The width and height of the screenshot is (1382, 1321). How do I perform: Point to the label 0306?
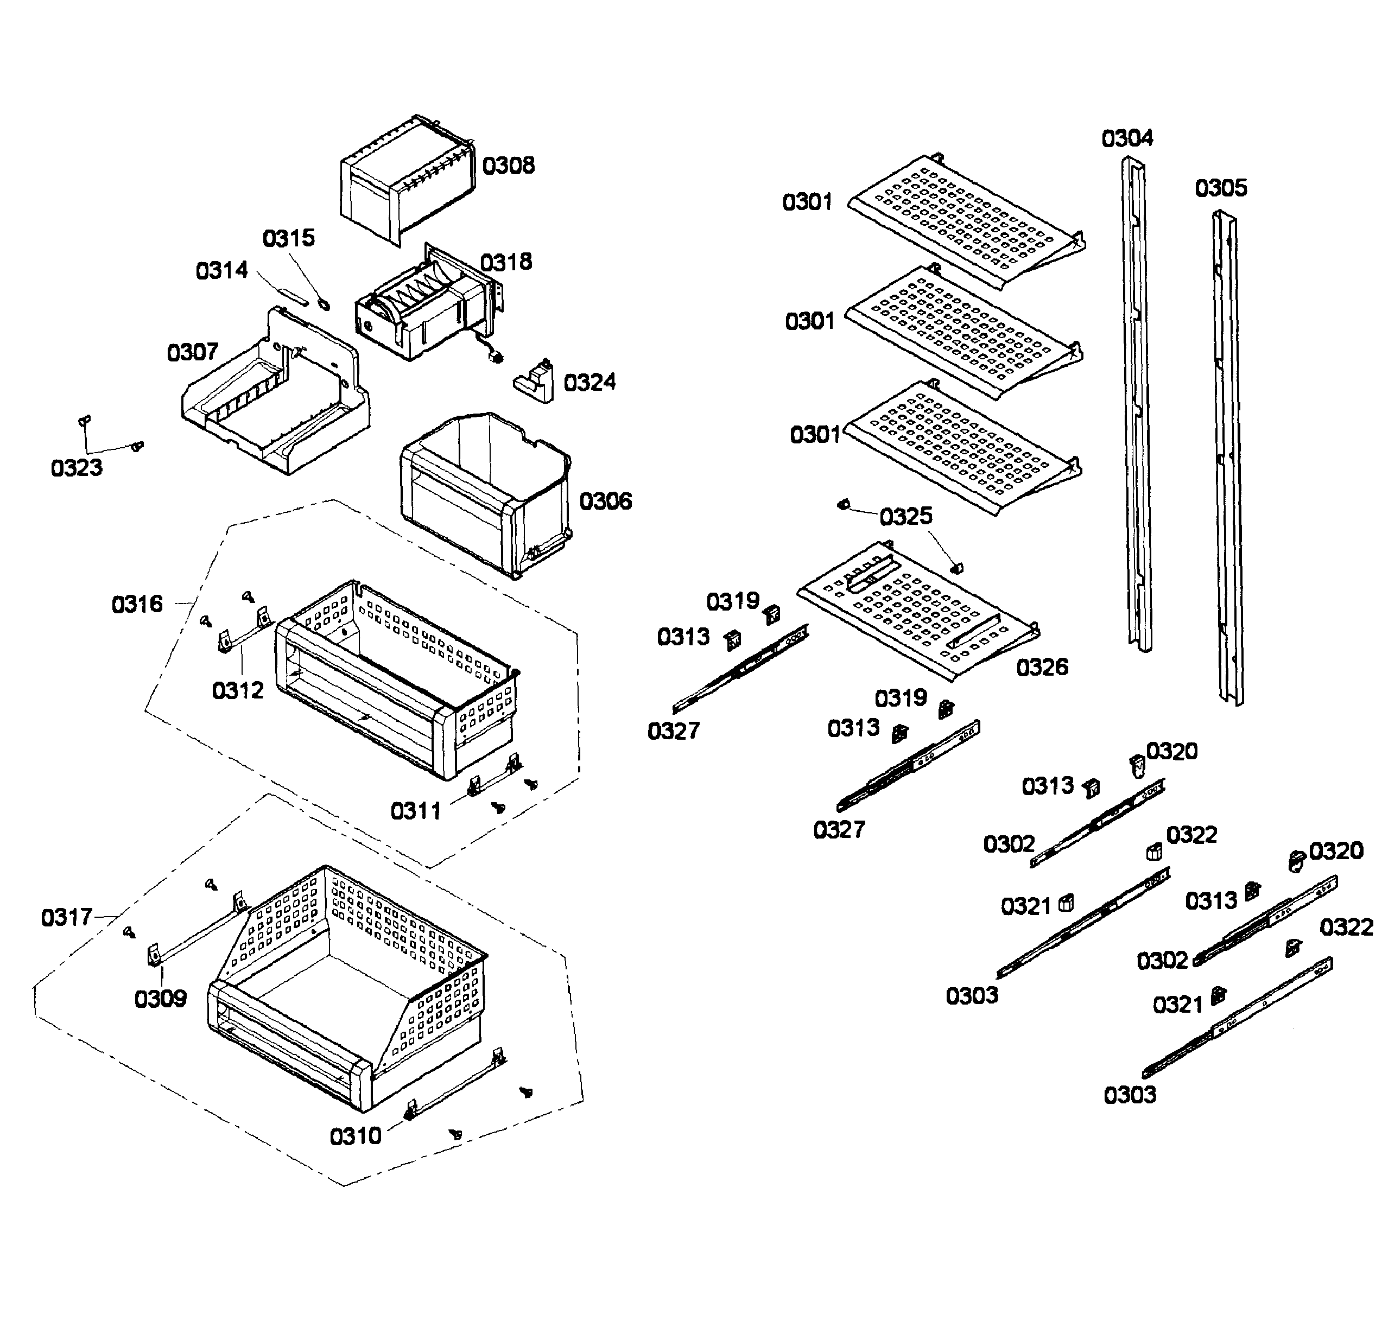(605, 501)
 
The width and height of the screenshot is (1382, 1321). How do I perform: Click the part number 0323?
(76, 468)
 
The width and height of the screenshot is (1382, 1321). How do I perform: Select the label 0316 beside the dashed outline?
(137, 604)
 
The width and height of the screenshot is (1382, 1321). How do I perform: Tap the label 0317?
(66, 918)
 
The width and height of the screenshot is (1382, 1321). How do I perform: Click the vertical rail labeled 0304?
(1136, 402)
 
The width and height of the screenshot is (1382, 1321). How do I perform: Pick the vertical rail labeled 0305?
(1227, 458)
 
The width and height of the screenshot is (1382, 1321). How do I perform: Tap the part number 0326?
(1041, 667)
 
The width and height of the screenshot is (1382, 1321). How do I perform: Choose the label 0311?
(416, 811)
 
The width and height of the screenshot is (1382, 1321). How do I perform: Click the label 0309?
(160, 999)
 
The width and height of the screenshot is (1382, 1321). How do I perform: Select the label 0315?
(288, 238)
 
